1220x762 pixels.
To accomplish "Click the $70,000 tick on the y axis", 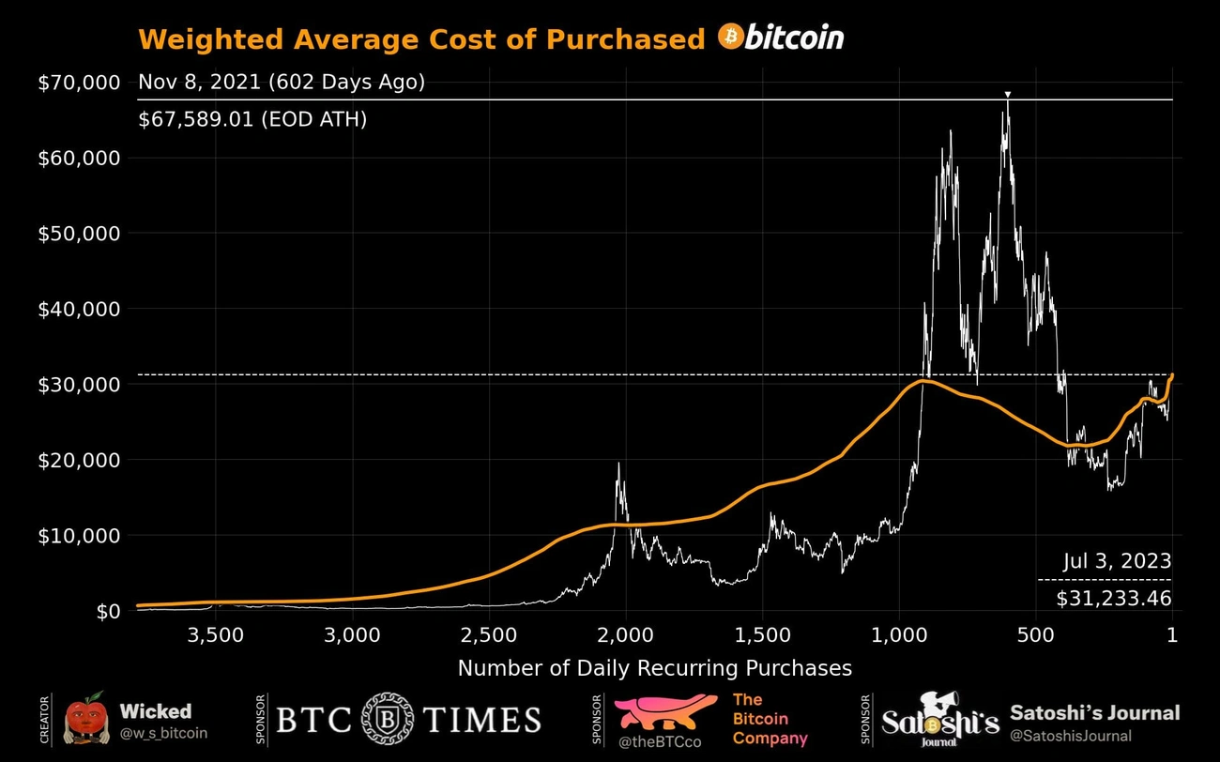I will [x=79, y=83].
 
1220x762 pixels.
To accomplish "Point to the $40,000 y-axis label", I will [x=79, y=309].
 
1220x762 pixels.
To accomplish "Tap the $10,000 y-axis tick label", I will [x=79, y=536].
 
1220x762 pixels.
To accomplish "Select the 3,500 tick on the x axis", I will [x=217, y=634].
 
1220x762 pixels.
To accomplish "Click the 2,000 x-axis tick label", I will [x=626, y=634].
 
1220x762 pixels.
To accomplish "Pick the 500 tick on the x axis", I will [x=1036, y=634].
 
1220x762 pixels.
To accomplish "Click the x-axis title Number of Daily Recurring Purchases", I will [x=654, y=668].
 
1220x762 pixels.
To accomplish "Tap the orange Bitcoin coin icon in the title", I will [x=730, y=38].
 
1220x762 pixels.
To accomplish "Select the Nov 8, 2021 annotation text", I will [x=282, y=83].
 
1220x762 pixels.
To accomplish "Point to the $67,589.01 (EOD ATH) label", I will [x=252, y=119].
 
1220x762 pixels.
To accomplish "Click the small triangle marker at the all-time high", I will [x=1007, y=95].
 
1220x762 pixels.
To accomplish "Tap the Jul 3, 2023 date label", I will [x=1117, y=561].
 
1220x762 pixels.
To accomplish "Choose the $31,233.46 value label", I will [x=1113, y=598].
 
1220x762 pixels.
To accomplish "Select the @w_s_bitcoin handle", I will [x=163, y=733].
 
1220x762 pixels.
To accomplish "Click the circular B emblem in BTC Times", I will [x=387, y=720].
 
